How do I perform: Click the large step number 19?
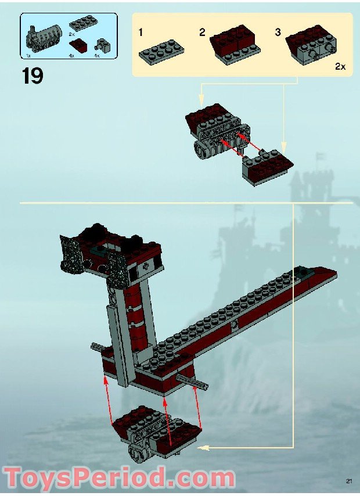click(x=33, y=76)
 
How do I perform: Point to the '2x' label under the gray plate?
click(x=72, y=35)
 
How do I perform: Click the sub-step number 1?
click(x=141, y=32)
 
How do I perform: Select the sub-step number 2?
click(x=202, y=32)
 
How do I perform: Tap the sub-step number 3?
click(x=278, y=32)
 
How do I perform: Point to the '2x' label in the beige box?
click(x=340, y=67)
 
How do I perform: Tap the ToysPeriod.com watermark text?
click(x=118, y=479)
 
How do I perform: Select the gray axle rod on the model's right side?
click(x=193, y=381)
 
